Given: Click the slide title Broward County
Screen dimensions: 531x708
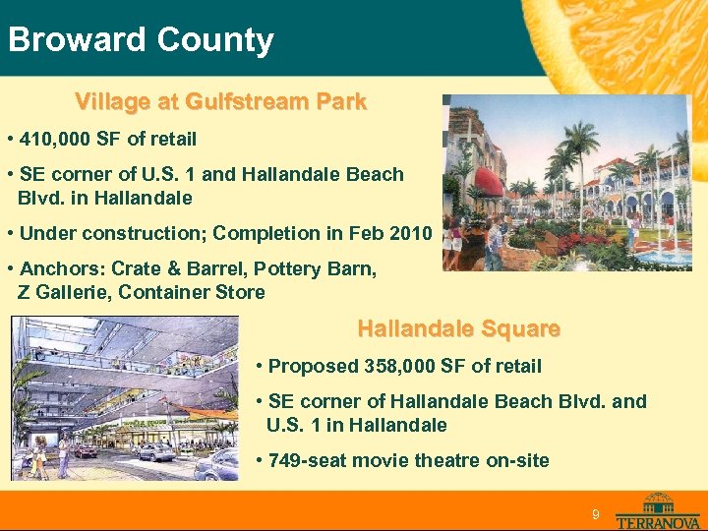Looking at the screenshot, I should [x=140, y=40].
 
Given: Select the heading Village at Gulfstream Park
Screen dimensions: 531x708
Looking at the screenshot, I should [x=220, y=101].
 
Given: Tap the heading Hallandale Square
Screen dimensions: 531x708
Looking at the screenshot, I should [x=458, y=328].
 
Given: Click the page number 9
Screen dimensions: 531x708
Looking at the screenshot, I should [x=595, y=515].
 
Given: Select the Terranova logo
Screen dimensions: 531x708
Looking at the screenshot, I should [x=658, y=510].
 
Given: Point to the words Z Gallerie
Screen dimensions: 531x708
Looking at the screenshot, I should [x=62, y=292].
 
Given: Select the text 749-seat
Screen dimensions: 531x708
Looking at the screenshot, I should [x=306, y=460].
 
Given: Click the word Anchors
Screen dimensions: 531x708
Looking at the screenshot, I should [x=62, y=268].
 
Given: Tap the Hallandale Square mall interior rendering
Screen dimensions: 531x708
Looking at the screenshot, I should [x=125, y=398].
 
